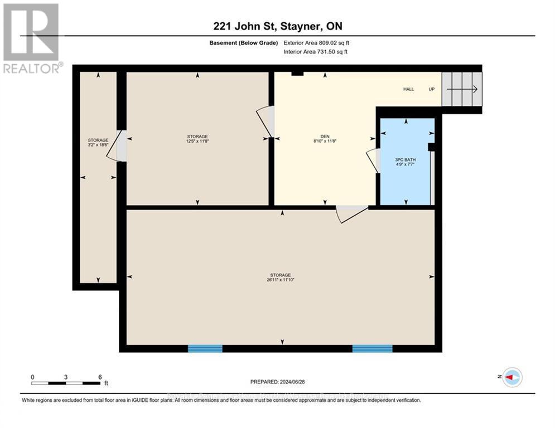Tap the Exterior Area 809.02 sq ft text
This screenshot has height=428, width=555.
(316, 43)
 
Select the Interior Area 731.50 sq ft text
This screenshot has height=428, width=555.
(316, 52)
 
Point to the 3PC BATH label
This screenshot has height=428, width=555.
(406, 160)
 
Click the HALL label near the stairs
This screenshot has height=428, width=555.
(409, 89)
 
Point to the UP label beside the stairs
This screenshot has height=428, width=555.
(431, 89)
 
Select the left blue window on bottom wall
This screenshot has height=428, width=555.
(205, 349)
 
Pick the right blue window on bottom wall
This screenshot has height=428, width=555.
(372, 349)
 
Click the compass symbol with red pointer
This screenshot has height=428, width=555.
(511, 377)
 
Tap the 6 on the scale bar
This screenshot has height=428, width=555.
(99, 377)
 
